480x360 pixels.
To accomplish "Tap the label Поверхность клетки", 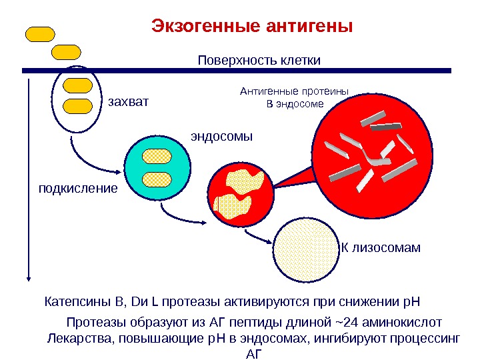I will pyautogui.click(x=259, y=61).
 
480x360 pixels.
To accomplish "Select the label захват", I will pyautogui.click(x=126, y=103).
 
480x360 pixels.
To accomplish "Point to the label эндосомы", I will pyautogui.click(x=222, y=137).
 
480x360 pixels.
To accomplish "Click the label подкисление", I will pyautogui.click(x=77, y=188).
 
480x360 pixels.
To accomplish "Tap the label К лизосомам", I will pyautogui.click(x=381, y=248).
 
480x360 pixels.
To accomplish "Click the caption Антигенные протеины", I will pyautogui.click(x=295, y=93).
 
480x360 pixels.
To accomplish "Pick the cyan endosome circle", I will pyautogui.click(x=157, y=167).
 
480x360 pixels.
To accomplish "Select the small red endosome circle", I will pyautogui.click(x=240, y=192).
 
